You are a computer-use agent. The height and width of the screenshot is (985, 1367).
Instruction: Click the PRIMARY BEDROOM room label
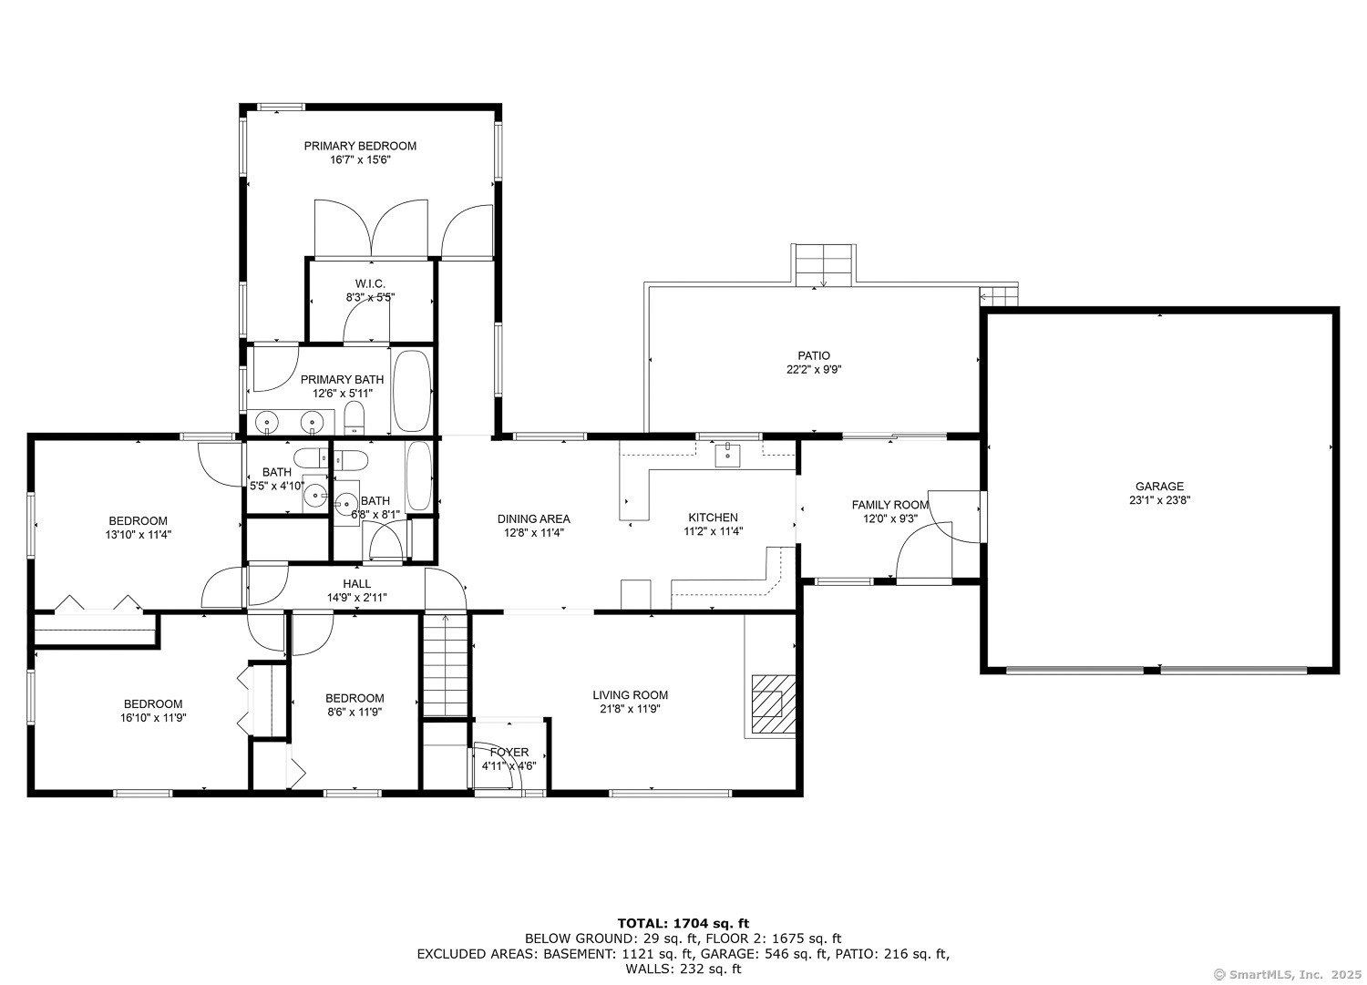click(x=360, y=146)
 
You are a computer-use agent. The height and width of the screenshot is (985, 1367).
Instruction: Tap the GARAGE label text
click(x=1159, y=487)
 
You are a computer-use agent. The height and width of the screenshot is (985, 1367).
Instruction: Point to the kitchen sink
click(x=727, y=454)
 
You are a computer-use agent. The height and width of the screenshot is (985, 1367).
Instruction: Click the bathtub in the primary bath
click(x=412, y=391)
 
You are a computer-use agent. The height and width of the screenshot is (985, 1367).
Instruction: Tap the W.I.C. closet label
click(x=369, y=283)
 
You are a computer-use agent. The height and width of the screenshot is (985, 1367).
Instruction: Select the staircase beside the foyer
click(x=446, y=665)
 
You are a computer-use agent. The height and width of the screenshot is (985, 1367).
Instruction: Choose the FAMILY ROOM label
click(x=889, y=505)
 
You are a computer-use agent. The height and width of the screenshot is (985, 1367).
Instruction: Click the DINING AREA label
click(x=533, y=519)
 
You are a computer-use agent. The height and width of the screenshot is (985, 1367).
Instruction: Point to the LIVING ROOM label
click(x=630, y=695)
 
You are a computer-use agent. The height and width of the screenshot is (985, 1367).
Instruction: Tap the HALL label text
click(x=356, y=584)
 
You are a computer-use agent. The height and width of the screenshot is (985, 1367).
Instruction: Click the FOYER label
click(x=509, y=752)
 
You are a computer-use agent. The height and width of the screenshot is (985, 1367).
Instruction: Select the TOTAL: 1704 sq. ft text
click(x=683, y=923)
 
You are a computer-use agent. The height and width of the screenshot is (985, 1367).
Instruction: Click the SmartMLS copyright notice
click(x=1288, y=974)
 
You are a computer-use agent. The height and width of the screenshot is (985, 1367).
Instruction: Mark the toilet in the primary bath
click(x=355, y=420)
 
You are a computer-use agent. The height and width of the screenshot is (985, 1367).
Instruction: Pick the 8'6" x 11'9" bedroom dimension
click(x=355, y=713)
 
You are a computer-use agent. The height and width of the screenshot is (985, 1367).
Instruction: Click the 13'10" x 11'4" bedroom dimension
click(x=138, y=535)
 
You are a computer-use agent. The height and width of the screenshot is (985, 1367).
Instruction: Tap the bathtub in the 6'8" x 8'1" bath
click(x=419, y=476)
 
